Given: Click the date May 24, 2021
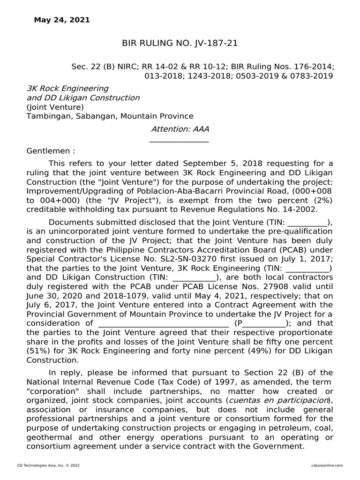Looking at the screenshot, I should tap(62, 20).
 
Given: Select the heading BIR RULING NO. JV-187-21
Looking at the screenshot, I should tap(180, 44).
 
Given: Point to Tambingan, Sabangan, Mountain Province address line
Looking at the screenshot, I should tap(110, 116).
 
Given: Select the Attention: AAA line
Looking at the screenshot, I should tap(180, 129).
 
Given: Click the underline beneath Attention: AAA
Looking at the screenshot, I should tap(179, 142).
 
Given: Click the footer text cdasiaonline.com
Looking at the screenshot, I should tap(327, 465).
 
